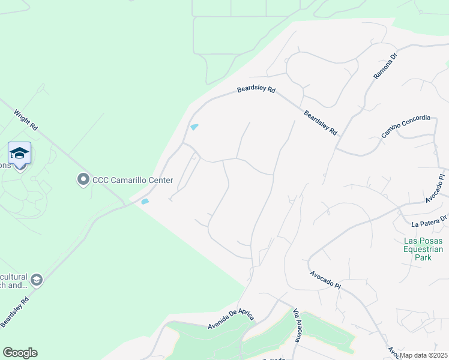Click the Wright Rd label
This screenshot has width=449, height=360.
[x=25, y=120]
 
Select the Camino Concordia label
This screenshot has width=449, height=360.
[x=406, y=126]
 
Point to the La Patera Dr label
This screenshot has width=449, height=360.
[x=430, y=223]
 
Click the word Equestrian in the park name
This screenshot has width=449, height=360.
[x=423, y=249]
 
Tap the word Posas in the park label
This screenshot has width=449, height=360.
[x=431, y=241]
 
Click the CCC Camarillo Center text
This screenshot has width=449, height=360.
[x=132, y=180]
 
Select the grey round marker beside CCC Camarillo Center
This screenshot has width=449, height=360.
[x=83, y=179]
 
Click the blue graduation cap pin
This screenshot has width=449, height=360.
[x=20, y=154]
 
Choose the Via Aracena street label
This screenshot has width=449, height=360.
[x=297, y=326]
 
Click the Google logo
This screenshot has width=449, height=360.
[x=20, y=353]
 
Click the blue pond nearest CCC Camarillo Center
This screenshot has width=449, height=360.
[x=144, y=202]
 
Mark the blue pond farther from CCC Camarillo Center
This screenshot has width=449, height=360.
[x=194, y=127]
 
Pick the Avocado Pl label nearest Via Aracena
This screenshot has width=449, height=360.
[x=325, y=280]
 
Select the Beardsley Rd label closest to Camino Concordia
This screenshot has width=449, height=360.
[x=321, y=122]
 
